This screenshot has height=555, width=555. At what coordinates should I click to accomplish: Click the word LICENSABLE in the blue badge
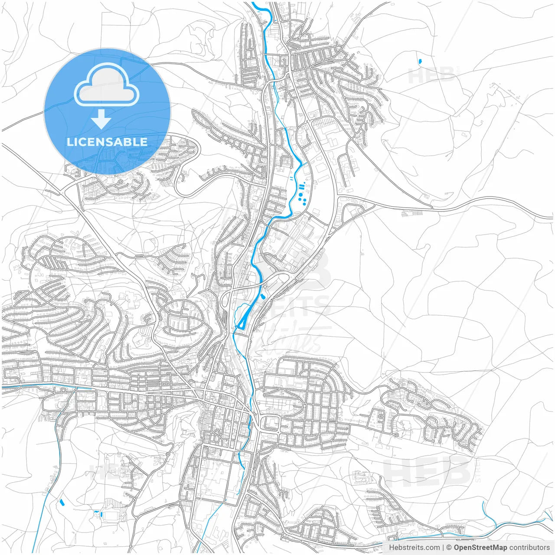point(107,142)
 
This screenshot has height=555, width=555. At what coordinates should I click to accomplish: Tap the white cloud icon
point(107,85)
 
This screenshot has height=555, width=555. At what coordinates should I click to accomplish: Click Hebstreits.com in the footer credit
point(414,548)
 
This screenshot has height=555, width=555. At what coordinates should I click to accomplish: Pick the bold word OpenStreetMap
point(480,548)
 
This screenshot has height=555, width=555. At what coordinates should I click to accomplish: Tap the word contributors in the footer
point(529,548)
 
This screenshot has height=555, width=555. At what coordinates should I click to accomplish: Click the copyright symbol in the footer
point(449,548)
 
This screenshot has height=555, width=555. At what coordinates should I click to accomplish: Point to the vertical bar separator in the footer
point(443,548)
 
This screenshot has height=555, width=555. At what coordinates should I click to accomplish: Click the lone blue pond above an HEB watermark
point(420,62)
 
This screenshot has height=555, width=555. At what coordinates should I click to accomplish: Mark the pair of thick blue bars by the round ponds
point(302,187)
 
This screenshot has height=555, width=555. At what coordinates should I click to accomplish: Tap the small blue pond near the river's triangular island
point(263,297)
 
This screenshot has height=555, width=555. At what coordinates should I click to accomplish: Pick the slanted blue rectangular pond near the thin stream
point(61,502)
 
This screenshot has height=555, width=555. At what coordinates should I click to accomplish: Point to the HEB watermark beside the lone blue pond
point(431,76)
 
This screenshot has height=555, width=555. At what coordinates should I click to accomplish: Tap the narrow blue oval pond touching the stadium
point(101,514)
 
